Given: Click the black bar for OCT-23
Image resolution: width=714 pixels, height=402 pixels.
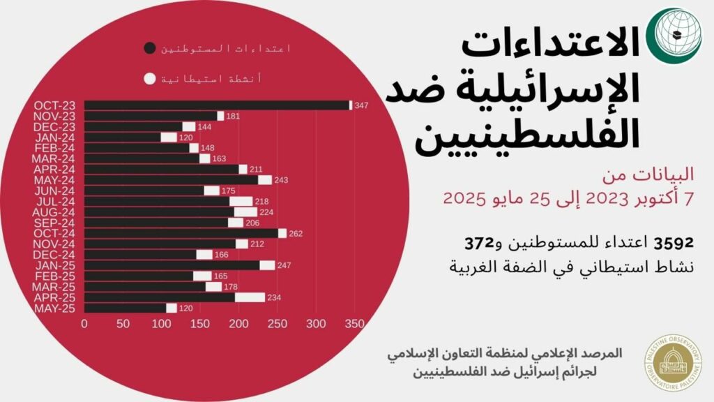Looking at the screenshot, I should point(216,105).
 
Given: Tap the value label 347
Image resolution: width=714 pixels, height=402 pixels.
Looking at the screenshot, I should point(361,105).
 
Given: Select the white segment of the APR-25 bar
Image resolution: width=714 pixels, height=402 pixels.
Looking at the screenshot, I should point(250,297).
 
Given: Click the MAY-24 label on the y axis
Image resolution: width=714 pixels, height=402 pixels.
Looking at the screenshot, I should point(54,180).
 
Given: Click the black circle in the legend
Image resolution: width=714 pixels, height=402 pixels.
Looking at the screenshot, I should point(149,48).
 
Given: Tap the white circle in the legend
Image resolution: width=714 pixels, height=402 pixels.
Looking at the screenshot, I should point(149,79).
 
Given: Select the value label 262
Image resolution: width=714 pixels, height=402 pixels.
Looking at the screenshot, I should point(296,234).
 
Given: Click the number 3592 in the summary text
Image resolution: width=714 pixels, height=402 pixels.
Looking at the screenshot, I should point(673,243).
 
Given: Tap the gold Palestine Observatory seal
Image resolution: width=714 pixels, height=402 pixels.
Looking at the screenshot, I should point(674,362).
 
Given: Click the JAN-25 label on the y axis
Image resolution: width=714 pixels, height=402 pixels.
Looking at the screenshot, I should point(54,265).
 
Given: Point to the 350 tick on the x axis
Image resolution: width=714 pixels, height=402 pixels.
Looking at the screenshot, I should point(355,324).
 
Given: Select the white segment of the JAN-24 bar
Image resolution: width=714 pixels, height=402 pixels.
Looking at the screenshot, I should point(169,137).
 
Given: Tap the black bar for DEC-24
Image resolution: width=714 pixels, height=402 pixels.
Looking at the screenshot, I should point(140,255).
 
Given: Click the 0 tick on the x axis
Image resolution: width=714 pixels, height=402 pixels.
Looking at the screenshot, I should point(84,324).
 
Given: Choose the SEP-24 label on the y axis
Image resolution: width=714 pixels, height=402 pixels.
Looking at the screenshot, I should point(54,223).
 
